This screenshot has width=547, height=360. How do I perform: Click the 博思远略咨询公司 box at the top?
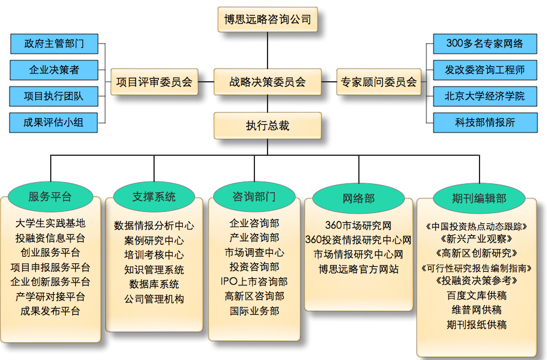(x=268, y=19)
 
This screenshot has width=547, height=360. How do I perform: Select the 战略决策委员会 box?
(x=268, y=82)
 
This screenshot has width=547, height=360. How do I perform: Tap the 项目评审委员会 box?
(x=154, y=82)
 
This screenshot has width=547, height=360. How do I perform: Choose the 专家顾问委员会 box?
(x=379, y=82)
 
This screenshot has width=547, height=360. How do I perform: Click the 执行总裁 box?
(x=268, y=125)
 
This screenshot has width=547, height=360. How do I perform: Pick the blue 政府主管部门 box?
(x=54, y=44)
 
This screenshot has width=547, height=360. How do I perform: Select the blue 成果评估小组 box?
(x=54, y=122)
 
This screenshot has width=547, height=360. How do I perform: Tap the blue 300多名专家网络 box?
(x=485, y=44)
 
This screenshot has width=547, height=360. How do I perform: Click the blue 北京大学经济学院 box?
(x=485, y=96)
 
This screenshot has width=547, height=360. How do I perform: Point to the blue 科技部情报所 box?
(x=485, y=122)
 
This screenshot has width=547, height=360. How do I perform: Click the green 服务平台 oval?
(x=50, y=196)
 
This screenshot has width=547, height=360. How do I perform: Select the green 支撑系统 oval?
(x=154, y=196)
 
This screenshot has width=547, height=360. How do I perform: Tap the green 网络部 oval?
(x=359, y=198)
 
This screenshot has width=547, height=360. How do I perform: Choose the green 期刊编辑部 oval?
(x=480, y=198)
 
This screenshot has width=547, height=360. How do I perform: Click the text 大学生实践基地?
(x=50, y=223)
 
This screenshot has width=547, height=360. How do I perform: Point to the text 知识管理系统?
(x=154, y=269)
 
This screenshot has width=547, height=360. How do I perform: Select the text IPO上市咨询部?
(x=254, y=281)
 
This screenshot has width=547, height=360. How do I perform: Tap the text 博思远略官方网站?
(x=359, y=269)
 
